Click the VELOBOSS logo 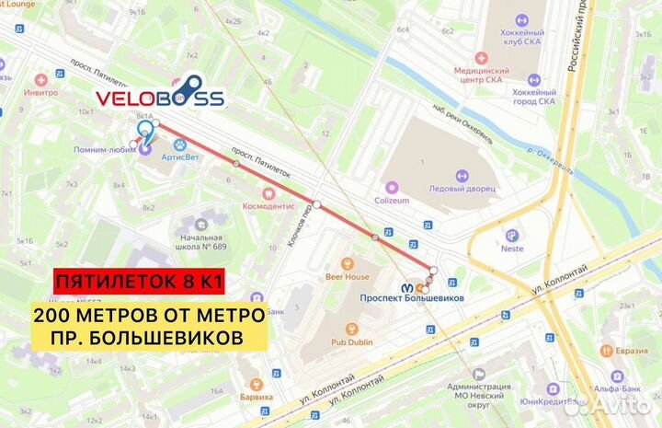[161, 98]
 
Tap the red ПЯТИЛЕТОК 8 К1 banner [139, 279]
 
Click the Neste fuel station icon [512, 235]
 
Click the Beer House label [347, 275]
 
